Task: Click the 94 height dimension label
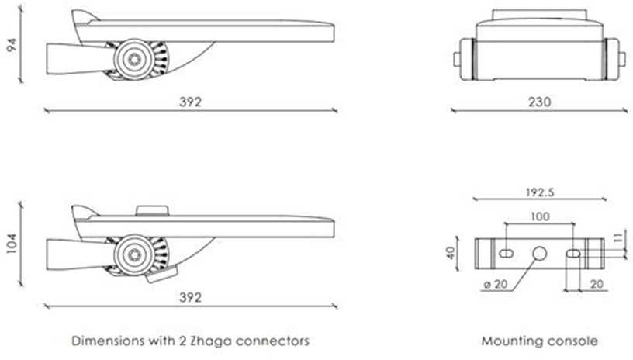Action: click(x=12, y=44)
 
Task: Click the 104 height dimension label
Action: click(x=12, y=244)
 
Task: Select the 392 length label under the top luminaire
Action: click(x=190, y=102)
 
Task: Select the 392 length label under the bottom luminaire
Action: click(x=190, y=297)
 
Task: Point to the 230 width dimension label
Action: click(x=539, y=102)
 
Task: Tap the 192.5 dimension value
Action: click(x=540, y=192)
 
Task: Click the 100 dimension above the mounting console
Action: click(x=540, y=216)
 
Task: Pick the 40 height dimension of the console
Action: click(x=451, y=253)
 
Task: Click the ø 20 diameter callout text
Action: click(x=496, y=284)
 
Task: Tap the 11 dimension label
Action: click(x=618, y=238)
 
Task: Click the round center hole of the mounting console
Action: click(x=539, y=254)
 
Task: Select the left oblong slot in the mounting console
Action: click(x=506, y=254)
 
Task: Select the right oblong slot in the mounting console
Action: click(x=573, y=254)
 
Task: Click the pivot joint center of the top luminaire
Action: click(x=134, y=59)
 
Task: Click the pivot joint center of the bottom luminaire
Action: click(x=134, y=254)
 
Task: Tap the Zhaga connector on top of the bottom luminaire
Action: click(x=152, y=211)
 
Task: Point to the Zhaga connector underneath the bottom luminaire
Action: click(x=162, y=274)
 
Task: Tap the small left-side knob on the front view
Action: click(x=457, y=59)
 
